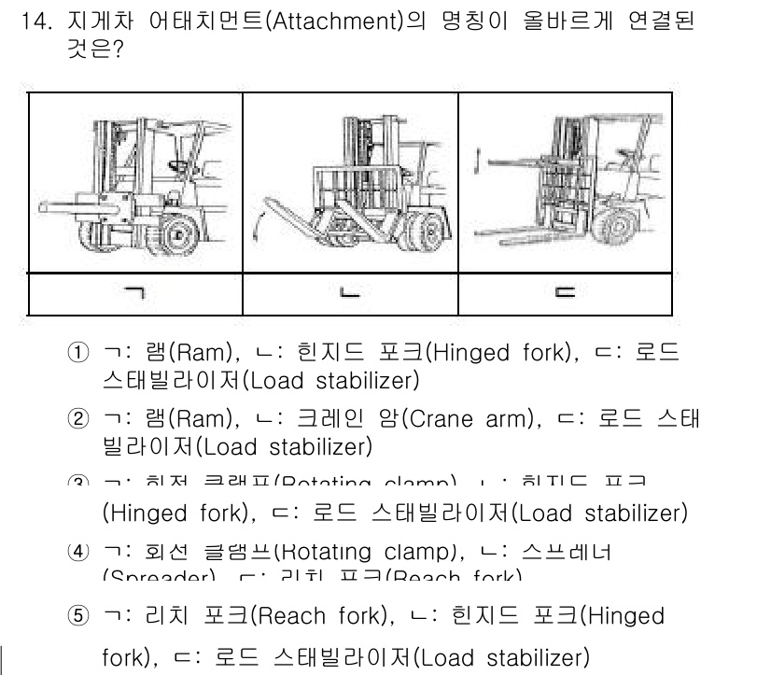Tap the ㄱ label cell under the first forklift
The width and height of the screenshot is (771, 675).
click(x=135, y=294)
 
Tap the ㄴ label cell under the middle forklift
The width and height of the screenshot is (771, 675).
click(x=350, y=294)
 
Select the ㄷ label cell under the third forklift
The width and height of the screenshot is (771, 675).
click(x=565, y=294)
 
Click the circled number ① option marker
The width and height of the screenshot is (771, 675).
click(x=78, y=354)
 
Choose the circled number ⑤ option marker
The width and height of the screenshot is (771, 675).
click(x=78, y=617)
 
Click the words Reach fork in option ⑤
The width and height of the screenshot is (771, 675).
click(x=320, y=616)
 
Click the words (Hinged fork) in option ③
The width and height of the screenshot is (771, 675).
click(x=172, y=513)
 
